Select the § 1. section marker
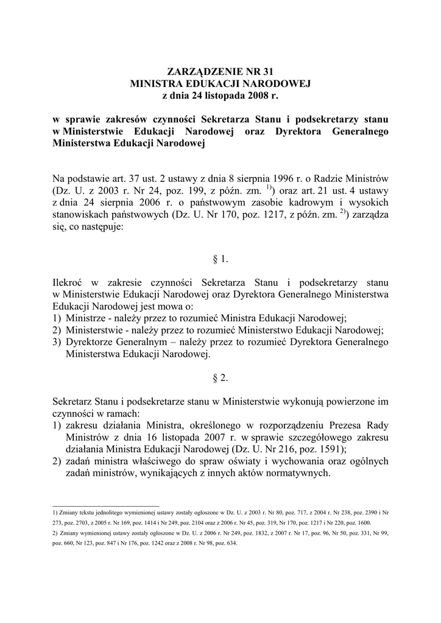point(220,259)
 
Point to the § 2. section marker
point(220,378)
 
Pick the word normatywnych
point(297,473)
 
